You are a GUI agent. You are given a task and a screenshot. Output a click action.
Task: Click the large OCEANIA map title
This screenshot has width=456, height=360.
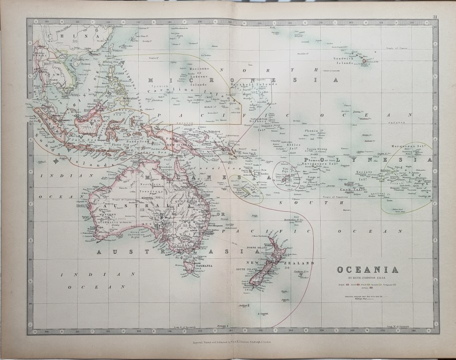pos(370,270)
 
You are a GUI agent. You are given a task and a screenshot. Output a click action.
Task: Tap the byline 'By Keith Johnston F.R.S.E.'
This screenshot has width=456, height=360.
pos(370,278)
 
